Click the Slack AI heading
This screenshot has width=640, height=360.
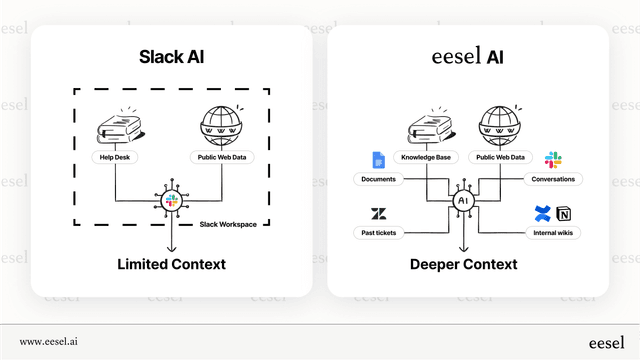[169, 56]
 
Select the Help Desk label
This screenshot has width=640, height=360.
[117, 157]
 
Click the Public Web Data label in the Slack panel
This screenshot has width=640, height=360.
[221, 157]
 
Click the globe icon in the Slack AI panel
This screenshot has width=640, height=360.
[221, 126]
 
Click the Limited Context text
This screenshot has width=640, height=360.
[170, 264]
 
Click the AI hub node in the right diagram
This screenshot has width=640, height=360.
[463, 201]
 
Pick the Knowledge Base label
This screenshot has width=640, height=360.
[424, 157]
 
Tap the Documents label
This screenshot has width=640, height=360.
[379, 179]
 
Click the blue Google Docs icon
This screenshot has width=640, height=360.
[379, 160]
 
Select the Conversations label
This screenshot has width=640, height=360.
[553, 179]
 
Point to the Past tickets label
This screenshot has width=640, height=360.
[379, 233]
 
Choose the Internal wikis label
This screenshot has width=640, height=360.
[553, 233]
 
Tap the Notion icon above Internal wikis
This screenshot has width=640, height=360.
[564, 214]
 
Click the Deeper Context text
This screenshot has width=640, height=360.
[464, 264]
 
